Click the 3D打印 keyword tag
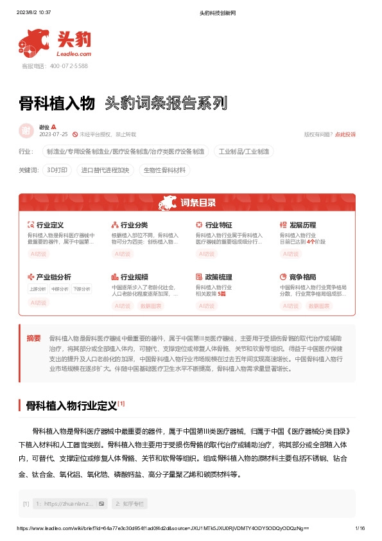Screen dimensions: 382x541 pyautogui.click(x=57, y=170)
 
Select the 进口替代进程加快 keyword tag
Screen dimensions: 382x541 pyautogui.click(x=105, y=170)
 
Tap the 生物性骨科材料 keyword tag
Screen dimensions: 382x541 pyautogui.click(x=165, y=170)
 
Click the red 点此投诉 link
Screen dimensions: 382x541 pyautogui.click(x=345, y=134)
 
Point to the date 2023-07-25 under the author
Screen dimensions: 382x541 pyautogui.click(x=53, y=134)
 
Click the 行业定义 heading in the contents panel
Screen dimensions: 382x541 pyautogui.click(x=49, y=226)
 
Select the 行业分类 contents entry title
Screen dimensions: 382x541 pyautogui.click(x=134, y=226)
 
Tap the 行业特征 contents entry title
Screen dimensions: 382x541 pyautogui.click(x=218, y=226)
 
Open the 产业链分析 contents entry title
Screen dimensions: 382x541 pyautogui.click(x=53, y=277)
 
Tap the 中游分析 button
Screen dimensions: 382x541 pyautogui.click(x=60, y=289)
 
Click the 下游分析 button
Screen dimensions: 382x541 pyautogui.click(x=82, y=289)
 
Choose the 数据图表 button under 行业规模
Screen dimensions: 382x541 pyautogui.click(x=150, y=306)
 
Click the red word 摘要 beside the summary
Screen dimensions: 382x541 pyautogui.click(x=33, y=338)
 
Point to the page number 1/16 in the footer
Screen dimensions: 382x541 pyautogui.click(x=360, y=528)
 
